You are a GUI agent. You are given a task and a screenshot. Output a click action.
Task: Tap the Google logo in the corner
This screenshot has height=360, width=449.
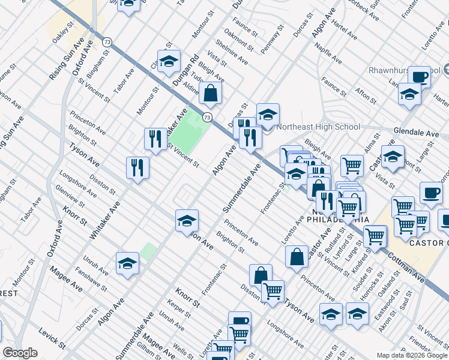20,353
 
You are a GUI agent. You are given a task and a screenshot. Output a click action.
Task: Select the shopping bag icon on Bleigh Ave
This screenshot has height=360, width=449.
211,94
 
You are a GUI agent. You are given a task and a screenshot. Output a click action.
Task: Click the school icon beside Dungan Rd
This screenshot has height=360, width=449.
169,61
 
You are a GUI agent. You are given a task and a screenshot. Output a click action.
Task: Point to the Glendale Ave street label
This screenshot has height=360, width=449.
417,131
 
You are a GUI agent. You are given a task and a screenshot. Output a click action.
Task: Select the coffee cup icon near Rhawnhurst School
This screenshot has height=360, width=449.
420,77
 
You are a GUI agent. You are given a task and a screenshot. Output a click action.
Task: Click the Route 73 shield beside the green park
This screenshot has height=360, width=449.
207,116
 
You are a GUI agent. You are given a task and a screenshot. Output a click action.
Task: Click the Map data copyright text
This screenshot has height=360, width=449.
412,355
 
